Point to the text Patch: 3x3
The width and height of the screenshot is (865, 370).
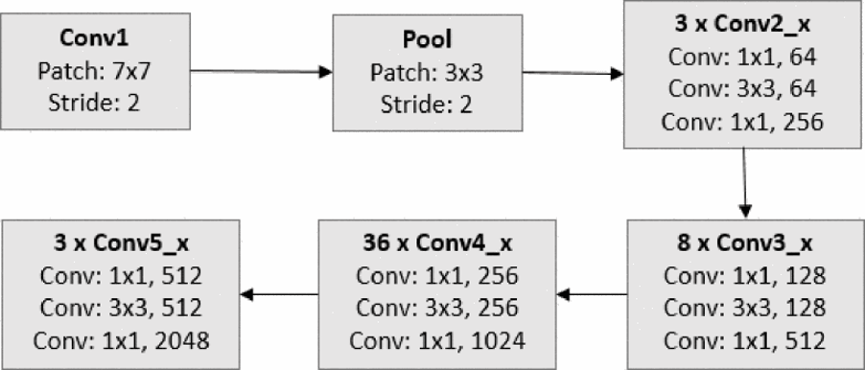[x=428, y=72]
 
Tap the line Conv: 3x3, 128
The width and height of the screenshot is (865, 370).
[x=745, y=309]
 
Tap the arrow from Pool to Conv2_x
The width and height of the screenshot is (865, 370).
[x=575, y=72]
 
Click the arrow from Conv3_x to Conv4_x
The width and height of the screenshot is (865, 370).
[x=592, y=294]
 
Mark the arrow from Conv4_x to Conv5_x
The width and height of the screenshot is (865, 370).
[x=279, y=294]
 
